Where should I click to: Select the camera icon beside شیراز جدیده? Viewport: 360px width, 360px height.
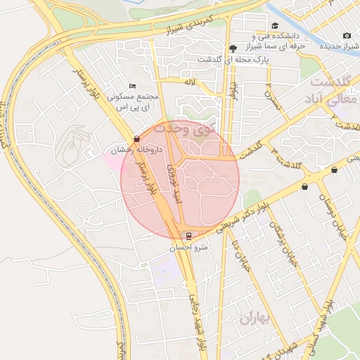click(347, 36)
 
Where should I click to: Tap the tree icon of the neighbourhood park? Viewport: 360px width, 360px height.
click(233, 48)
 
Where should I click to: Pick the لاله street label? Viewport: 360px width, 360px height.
click(189, 82)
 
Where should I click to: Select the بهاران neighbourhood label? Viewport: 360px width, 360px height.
click(255, 319)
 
